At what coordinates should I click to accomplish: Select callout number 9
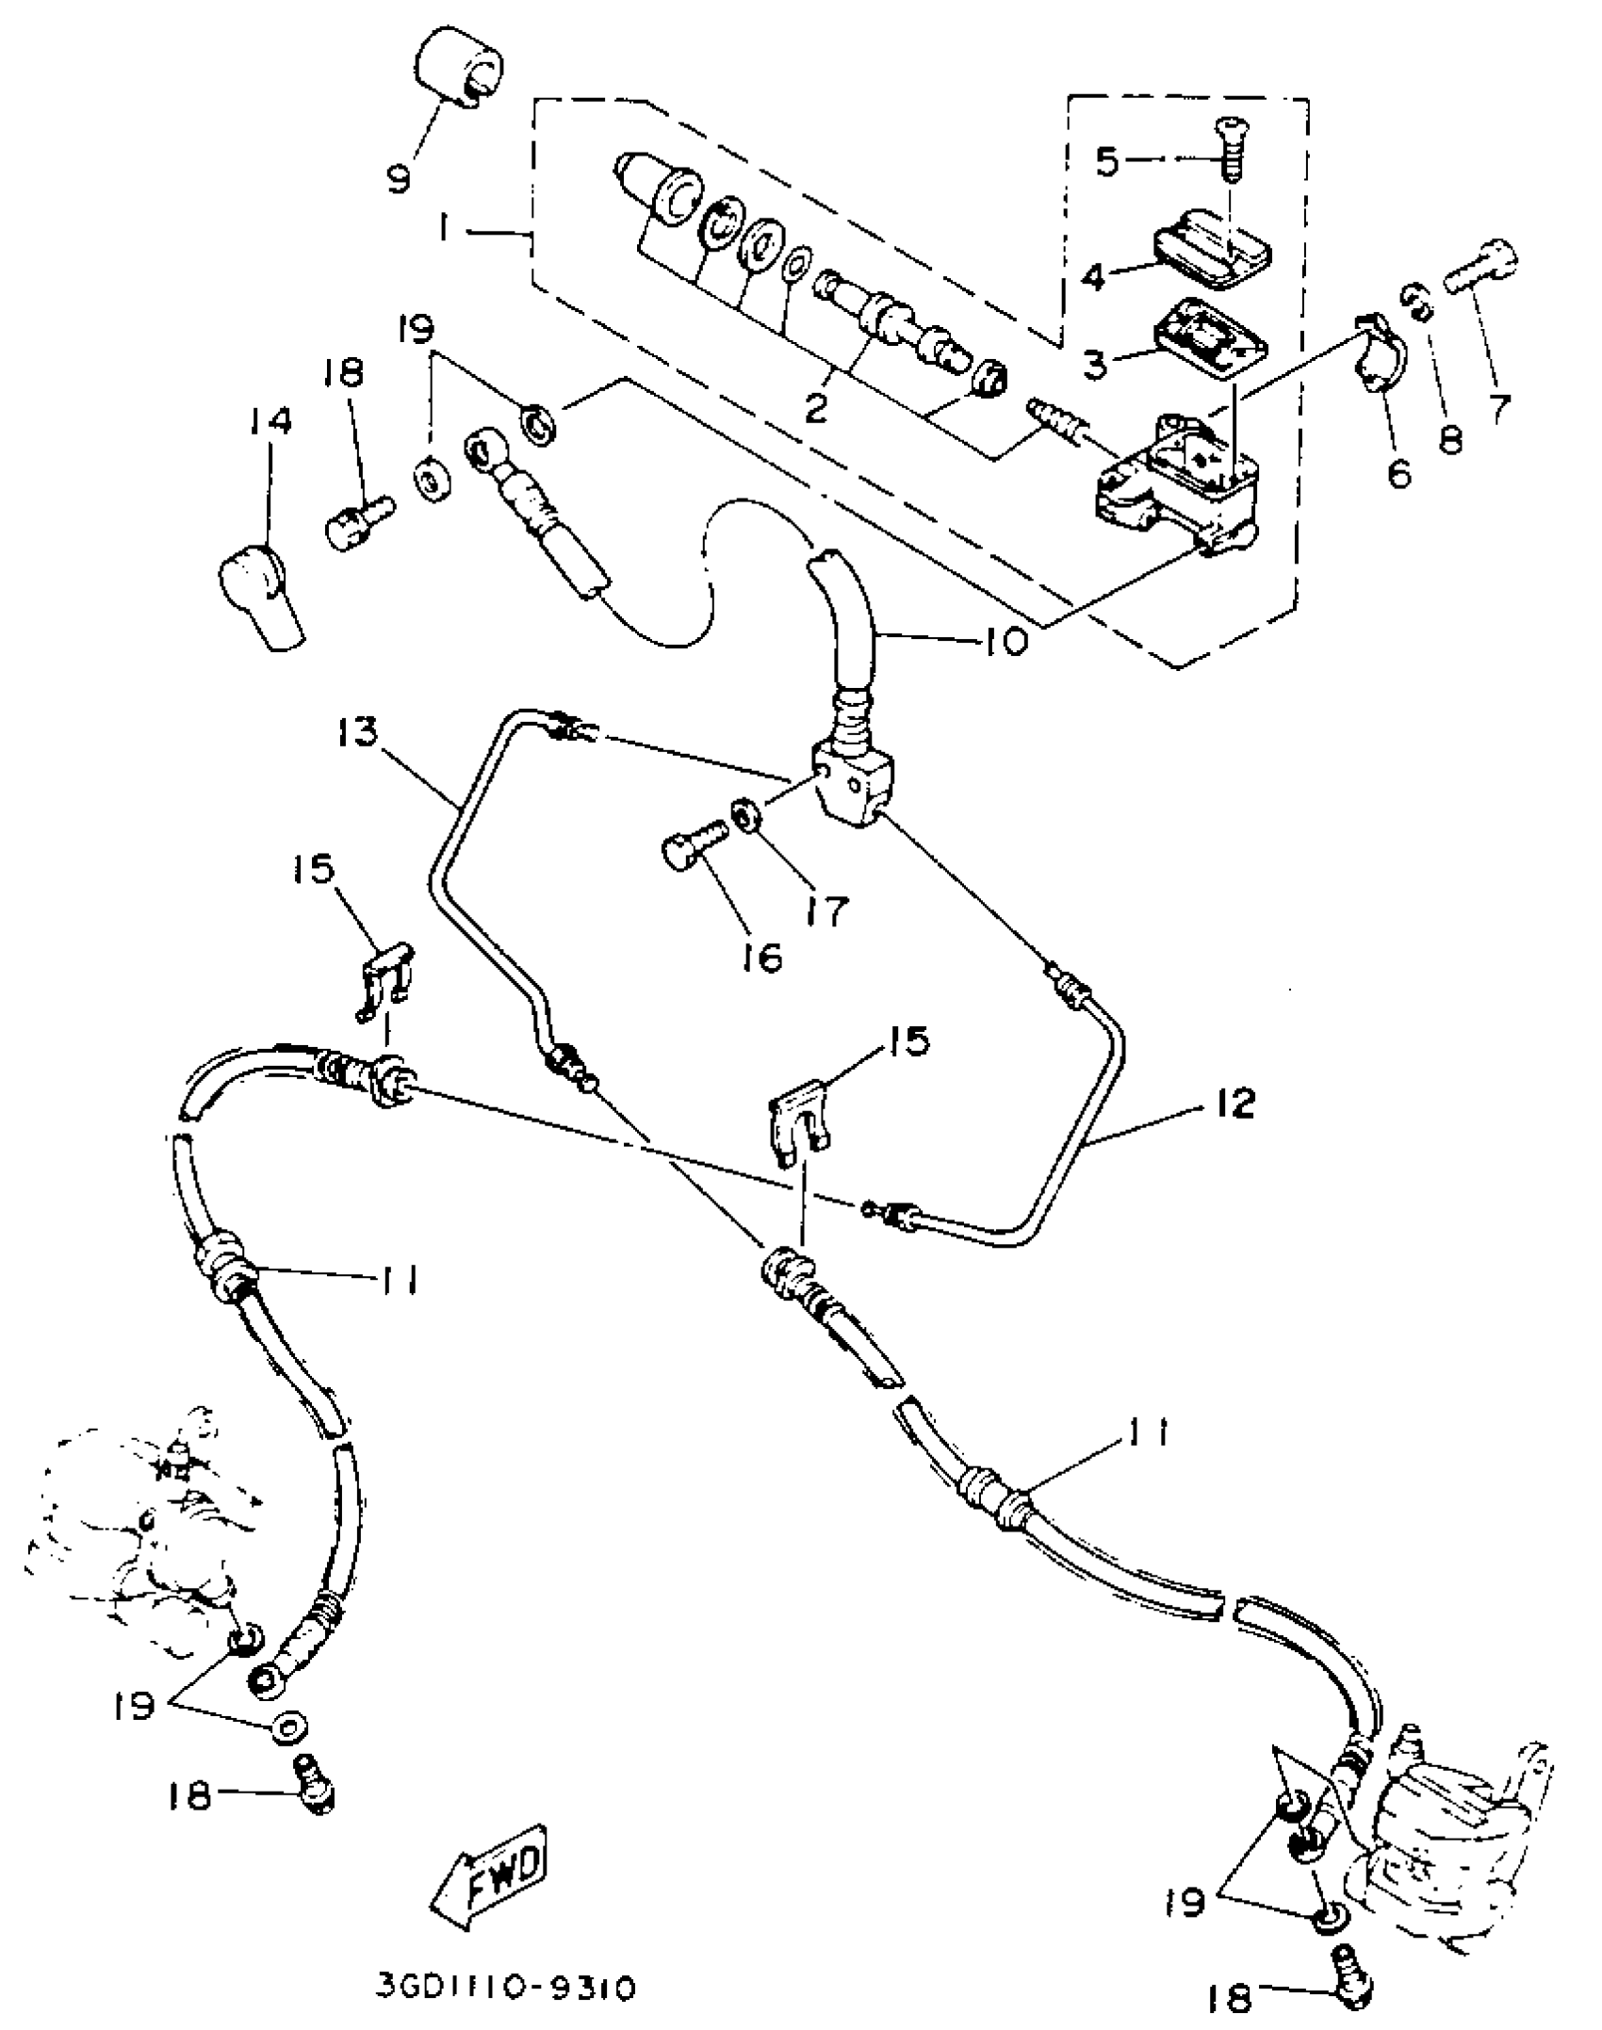[x=400, y=176]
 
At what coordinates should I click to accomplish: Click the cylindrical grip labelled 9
[x=459, y=71]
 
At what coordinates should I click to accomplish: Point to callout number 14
[x=270, y=420]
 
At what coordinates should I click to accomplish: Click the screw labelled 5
[x=1230, y=149]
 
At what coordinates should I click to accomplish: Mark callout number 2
[x=815, y=407]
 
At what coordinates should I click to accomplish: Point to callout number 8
[x=1451, y=437]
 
